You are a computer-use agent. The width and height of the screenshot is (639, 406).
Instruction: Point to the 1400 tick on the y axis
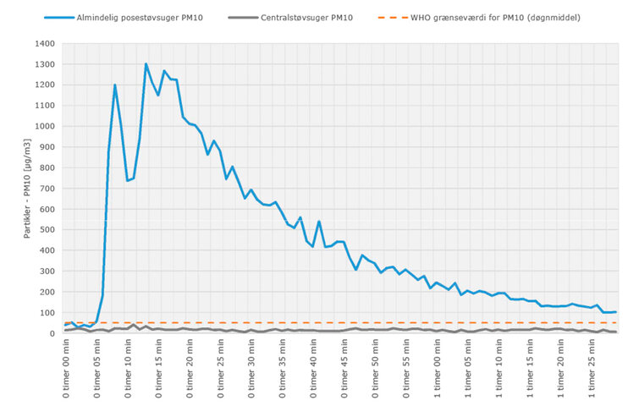[44, 44]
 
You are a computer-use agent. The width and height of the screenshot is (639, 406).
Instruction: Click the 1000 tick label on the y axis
[44, 127]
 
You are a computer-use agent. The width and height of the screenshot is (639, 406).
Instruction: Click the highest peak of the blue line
[146, 64]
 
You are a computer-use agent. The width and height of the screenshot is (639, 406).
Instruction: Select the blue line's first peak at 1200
[115, 85]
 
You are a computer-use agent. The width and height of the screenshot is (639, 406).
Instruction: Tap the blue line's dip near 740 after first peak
[128, 180]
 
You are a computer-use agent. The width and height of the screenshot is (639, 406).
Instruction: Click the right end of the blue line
[615, 312]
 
